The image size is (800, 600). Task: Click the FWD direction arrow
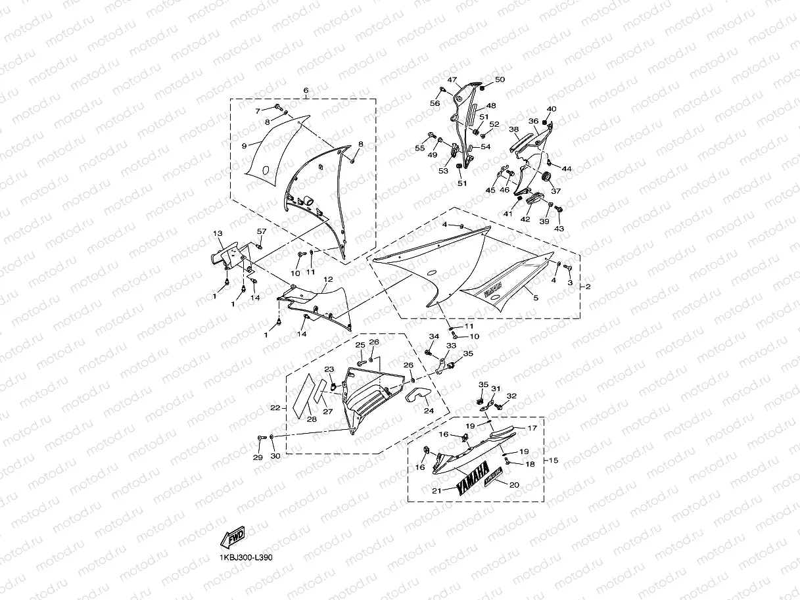(x=233, y=538)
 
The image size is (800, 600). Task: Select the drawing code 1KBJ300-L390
(x=246, y=557)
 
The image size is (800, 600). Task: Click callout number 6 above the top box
(x=306, y=91)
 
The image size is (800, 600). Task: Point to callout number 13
(x=217, y=234)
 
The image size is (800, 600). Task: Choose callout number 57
(x=261, y=231)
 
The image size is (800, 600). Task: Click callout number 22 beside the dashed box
(x=275, y=408)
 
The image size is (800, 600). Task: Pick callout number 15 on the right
(x=553, y=460)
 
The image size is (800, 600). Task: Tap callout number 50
(x=500, y=80)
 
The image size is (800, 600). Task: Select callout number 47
(x=452, y=80)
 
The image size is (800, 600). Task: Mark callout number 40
(x=551, y=109)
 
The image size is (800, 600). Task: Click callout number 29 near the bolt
(x=258, y=457)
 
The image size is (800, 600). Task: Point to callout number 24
(x=429, y=411)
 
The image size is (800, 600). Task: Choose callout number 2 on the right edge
(x=588, y=287)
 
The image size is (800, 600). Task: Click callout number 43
(x=559, y=229)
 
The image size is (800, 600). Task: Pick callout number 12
(x=327, y=280)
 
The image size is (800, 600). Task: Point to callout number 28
(x=312, y=419)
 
